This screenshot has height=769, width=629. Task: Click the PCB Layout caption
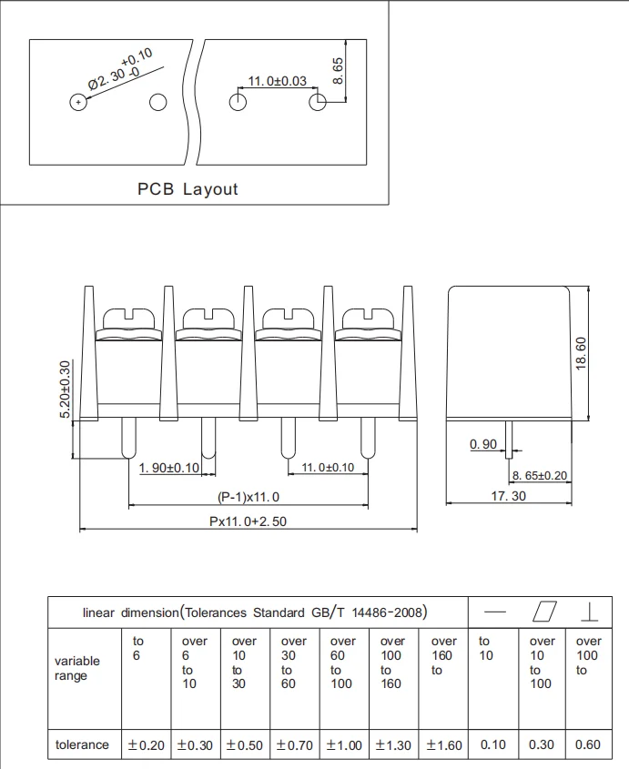pyautogui.click(x=188, y=189)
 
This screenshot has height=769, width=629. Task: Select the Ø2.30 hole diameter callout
pyautogui.click(x=121, y=70)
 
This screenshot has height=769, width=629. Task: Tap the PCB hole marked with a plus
pyautogui.click(x=78, y=102)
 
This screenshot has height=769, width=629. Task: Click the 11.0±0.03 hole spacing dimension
pyautogui.click(x=278, y=81)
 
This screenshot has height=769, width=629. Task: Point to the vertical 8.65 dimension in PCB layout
pyautogui.click(x=338, y=71)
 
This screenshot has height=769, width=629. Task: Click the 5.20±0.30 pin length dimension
pyautogui.click(x=65, y=390)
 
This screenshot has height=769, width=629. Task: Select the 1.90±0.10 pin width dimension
pyautogui.click(x=168, y=468)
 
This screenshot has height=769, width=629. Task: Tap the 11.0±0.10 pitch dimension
pyautogui.click(x=328, y=468)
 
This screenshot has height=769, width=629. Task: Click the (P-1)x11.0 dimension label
pyautogui.click(x=249, y=497)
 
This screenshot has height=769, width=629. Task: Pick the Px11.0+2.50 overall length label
pyautogui.click(x=248, y=521)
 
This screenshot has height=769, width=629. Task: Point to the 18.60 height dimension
pyautogui.click(x=581, y=354)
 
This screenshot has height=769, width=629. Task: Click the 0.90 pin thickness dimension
pyautogui.click(x=483, y=444)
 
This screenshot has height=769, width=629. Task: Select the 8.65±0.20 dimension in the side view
pyautogui.click(x=539, y=475)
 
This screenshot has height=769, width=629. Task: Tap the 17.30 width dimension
pyautogui.click(x=508, y=496)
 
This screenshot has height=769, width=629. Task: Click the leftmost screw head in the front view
pyautogui.click(x=128, y=319)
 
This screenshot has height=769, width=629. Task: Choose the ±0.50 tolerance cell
pyautogui.click(x=244, y=745)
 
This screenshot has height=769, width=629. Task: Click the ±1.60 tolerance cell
pyautogui.click(x=444, y=745)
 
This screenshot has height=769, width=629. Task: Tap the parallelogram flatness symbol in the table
pyautogui.click(x=544, y=612)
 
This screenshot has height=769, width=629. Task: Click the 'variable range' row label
pyautogui.click(x=77, y=668)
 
